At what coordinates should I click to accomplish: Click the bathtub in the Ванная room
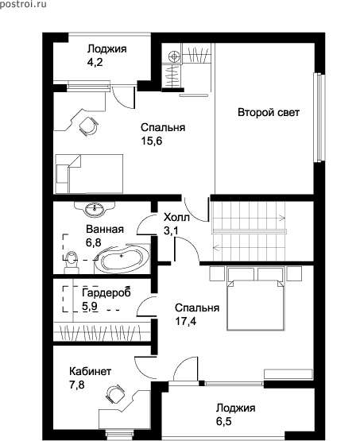tap(123, 258)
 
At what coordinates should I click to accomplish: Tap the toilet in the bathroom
tap(72, 262)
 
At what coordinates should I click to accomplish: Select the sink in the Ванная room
tap(95, 209)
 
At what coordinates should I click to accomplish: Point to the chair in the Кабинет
tap(115, 394)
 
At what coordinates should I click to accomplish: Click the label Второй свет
tap(269, 113)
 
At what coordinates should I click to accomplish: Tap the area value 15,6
tap(152, 141)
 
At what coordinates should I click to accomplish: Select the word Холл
tap(176, 218)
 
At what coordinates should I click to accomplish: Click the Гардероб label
tap(106, 293)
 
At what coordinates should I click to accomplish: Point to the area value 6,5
tap(224, 421)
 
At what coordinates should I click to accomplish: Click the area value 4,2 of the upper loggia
tap(95, 63)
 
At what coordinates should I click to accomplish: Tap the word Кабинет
tap(91, 371)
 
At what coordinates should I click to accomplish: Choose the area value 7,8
tap(77, 385)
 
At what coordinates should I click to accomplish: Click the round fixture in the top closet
tap(174, 56)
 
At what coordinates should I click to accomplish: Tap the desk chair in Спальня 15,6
tap(88, 126)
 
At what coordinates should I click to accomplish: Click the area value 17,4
tap(186, 321)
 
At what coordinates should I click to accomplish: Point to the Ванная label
tap(105, 229)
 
